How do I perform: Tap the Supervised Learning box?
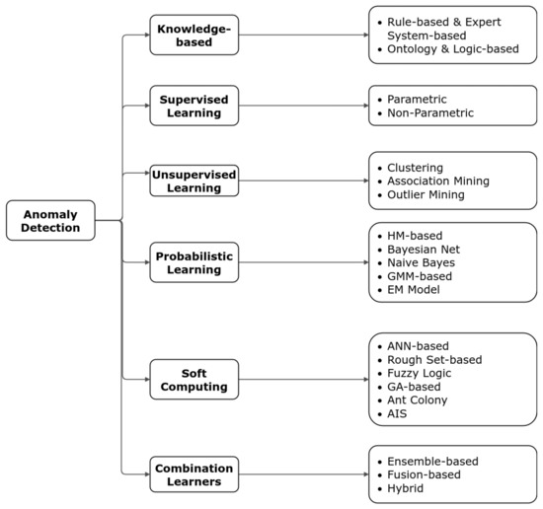(x=194, y=106)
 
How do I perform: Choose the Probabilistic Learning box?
(x=194, y=261)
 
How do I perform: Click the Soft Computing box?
(x=194, y=379)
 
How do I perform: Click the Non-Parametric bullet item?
(x=430, y=113)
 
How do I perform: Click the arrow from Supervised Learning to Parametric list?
(x=301, y=106)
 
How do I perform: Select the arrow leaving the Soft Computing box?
(x=301, y=379)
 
